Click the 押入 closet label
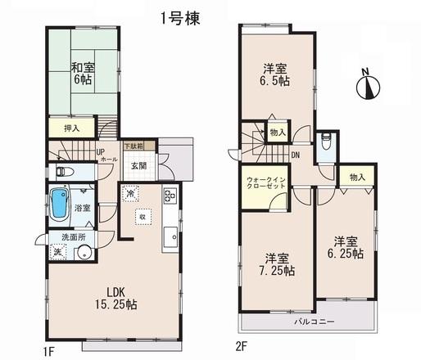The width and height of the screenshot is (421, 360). (x=73, y=129)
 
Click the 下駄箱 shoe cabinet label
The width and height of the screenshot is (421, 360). (x=133, y=146)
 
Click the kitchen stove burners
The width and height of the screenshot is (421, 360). (x=170, y=197)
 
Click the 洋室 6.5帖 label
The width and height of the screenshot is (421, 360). (x=274, y=74)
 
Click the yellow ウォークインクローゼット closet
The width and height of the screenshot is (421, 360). (x=264, y=185)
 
